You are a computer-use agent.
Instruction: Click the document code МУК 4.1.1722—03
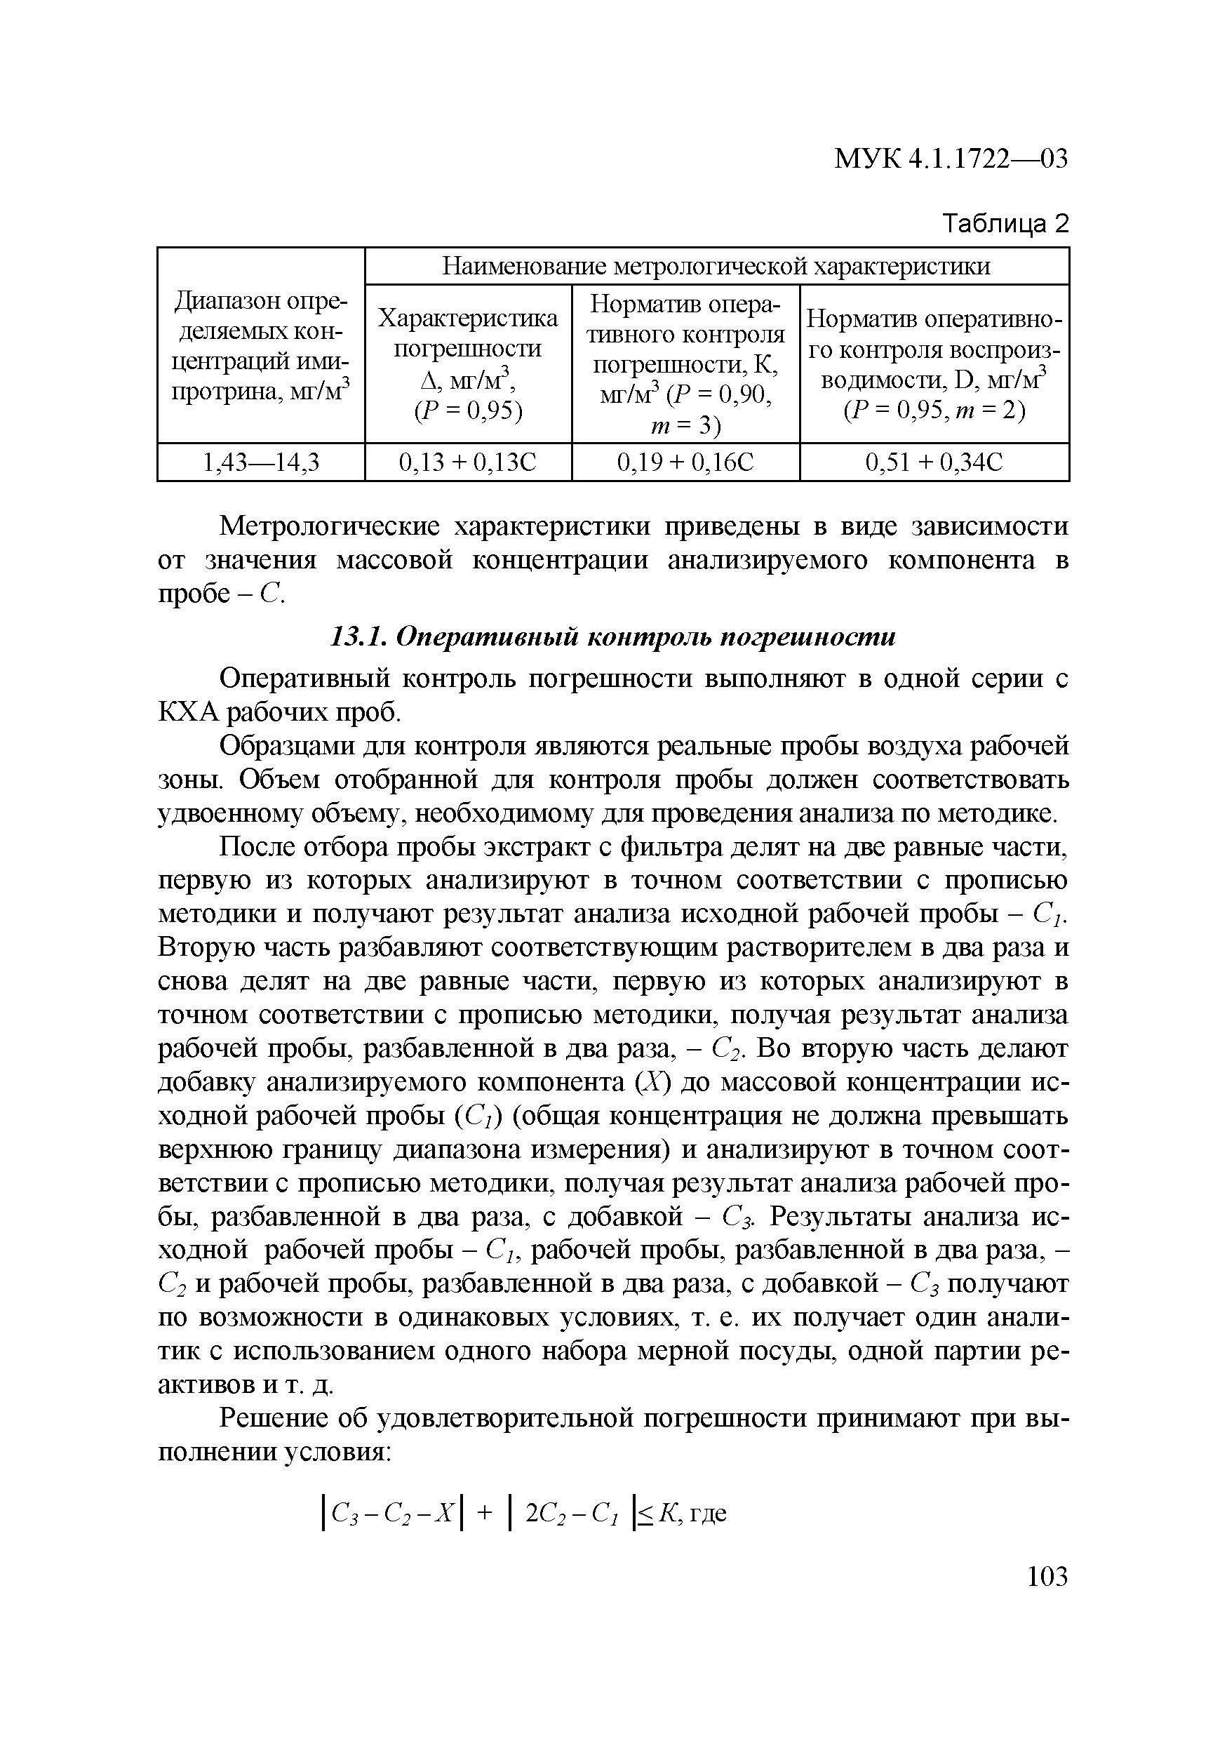(951, 159)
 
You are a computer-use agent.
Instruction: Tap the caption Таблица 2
(1004, 224)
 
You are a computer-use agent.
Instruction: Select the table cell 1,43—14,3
(261, 462)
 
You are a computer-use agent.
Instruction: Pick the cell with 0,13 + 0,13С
(468, 462)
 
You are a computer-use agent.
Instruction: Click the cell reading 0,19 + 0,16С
(685, 462)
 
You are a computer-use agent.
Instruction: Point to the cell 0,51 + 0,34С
(934, 462)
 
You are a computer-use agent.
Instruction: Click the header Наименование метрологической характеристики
(716, 266)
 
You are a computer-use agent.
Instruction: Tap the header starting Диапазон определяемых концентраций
(261, 347)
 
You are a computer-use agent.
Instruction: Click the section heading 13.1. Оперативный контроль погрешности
(613, 637)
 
